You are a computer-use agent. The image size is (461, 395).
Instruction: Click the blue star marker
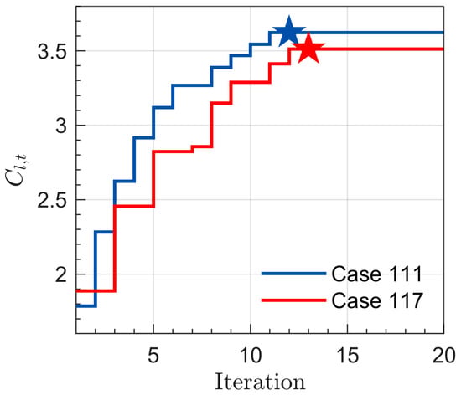coord(289,32)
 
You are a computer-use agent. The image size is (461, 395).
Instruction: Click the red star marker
coord(308,49)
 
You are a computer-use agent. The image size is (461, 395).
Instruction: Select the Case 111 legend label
coord(377,274)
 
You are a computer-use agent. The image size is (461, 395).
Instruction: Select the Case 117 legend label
coord(377,300)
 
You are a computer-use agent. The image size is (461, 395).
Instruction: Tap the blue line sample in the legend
coord(293,274)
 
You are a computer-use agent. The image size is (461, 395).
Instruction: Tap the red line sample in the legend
coord(293,300)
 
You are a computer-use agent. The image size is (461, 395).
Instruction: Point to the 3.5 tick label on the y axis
coord(52,52)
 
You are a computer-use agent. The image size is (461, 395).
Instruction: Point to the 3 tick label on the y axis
coord(61,126)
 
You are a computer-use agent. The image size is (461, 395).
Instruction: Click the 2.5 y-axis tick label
coord(52,201)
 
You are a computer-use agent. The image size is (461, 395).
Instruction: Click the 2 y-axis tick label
coord(61,275)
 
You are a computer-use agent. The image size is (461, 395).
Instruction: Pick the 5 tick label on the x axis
coord(153,356)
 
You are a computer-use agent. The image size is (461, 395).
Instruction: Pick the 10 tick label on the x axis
coord(251,356)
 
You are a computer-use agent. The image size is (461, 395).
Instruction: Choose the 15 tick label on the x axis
coord(348,356)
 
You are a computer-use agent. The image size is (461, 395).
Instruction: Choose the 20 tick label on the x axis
coord(444,356)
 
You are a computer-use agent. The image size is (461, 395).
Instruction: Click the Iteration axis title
coord(260,382)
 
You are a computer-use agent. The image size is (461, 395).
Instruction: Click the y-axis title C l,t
coord(16,170)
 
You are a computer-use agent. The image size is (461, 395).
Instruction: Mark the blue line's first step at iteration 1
coord(85,306)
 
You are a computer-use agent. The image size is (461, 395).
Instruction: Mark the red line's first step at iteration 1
coord(96,291)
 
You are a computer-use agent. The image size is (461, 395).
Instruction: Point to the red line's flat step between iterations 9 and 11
coord(250,82)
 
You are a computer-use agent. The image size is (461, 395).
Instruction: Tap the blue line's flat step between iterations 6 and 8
coord(192,85)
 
